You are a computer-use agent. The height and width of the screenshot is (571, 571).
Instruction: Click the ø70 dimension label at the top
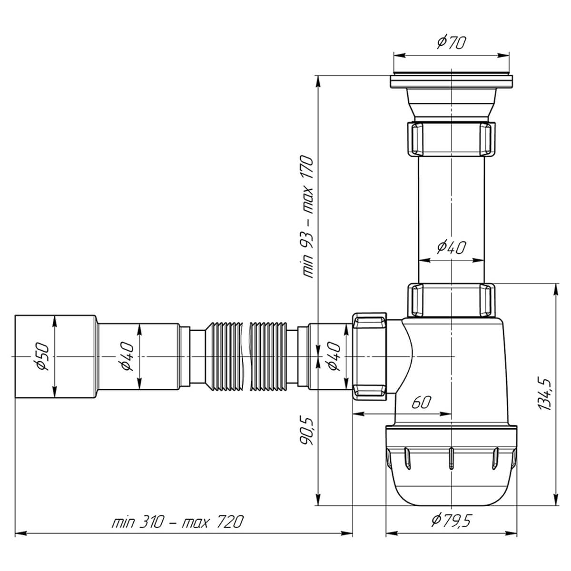pyautogui.click(x=451, y=43)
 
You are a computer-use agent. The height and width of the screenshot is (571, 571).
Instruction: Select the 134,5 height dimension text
pyautogui.click(x=544, y=394)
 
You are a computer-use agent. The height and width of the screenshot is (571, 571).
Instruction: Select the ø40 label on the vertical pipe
pyautogui.click(x=451, y=248)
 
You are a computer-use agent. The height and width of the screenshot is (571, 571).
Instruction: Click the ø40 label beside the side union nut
pyautogui.click(x=334, y=356)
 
